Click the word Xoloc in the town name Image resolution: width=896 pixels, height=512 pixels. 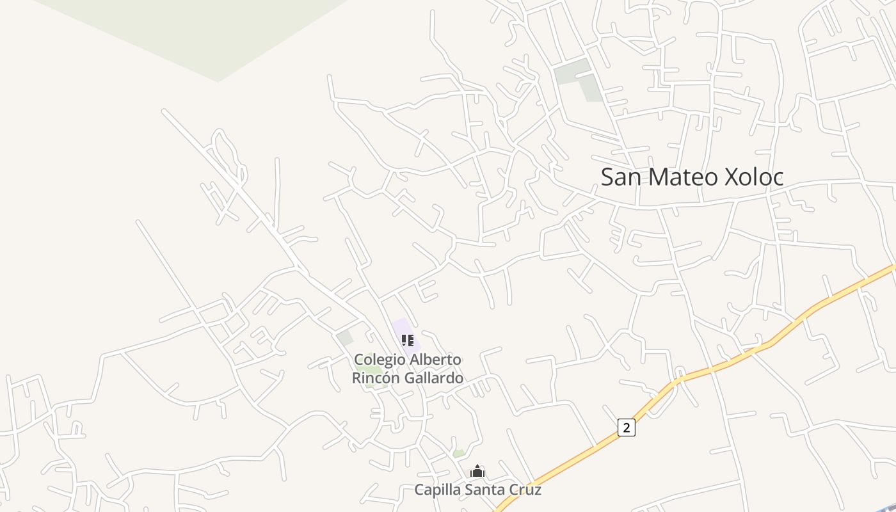[x=753, y=177]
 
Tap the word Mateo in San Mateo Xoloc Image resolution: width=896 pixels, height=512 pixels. [x=684, y=177]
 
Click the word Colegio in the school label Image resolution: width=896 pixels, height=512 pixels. [x=380, y=360]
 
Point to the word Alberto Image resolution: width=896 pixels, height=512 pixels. [x=435, y=360]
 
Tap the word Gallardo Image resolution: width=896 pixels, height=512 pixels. [x=433, y=378]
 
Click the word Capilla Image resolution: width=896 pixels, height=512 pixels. [x=438, y=490]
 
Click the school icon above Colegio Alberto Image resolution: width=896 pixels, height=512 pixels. [x=408, y=340]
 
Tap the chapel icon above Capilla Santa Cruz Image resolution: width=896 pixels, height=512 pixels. [x=477, y=472]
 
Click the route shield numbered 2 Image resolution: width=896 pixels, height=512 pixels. [x=626, y=428]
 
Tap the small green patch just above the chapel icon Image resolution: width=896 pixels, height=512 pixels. [x=459, y=453]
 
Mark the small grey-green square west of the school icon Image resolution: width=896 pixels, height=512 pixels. [x=346, y=338]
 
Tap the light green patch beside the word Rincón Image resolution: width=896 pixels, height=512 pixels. [x=373, y=370]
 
